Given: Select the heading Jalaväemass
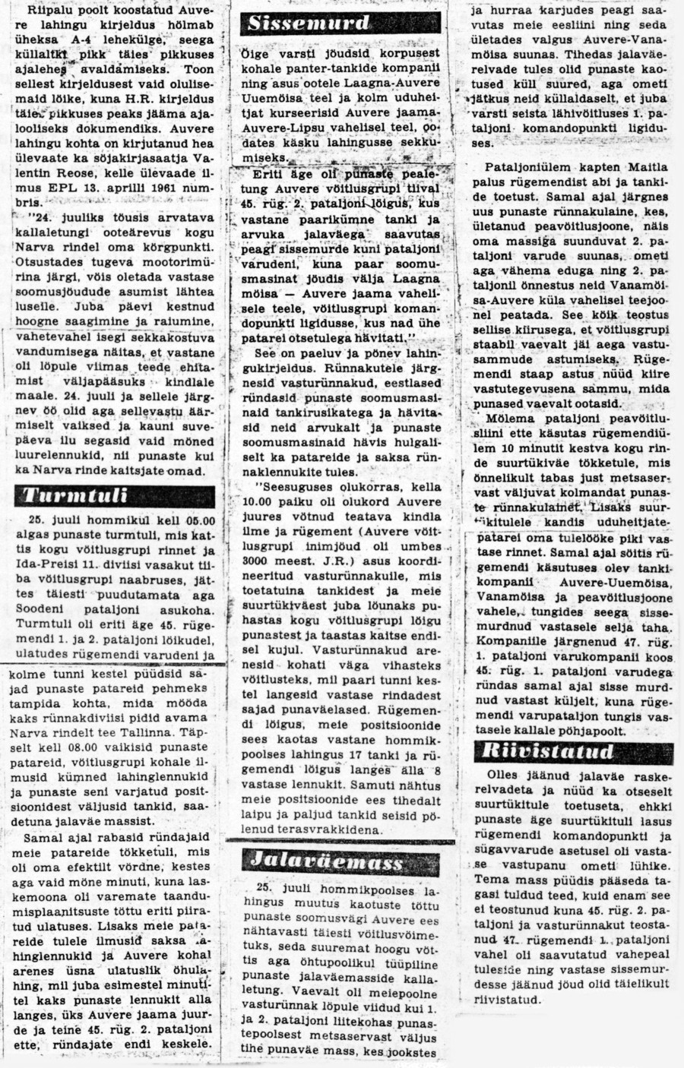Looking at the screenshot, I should click(328, 861).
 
